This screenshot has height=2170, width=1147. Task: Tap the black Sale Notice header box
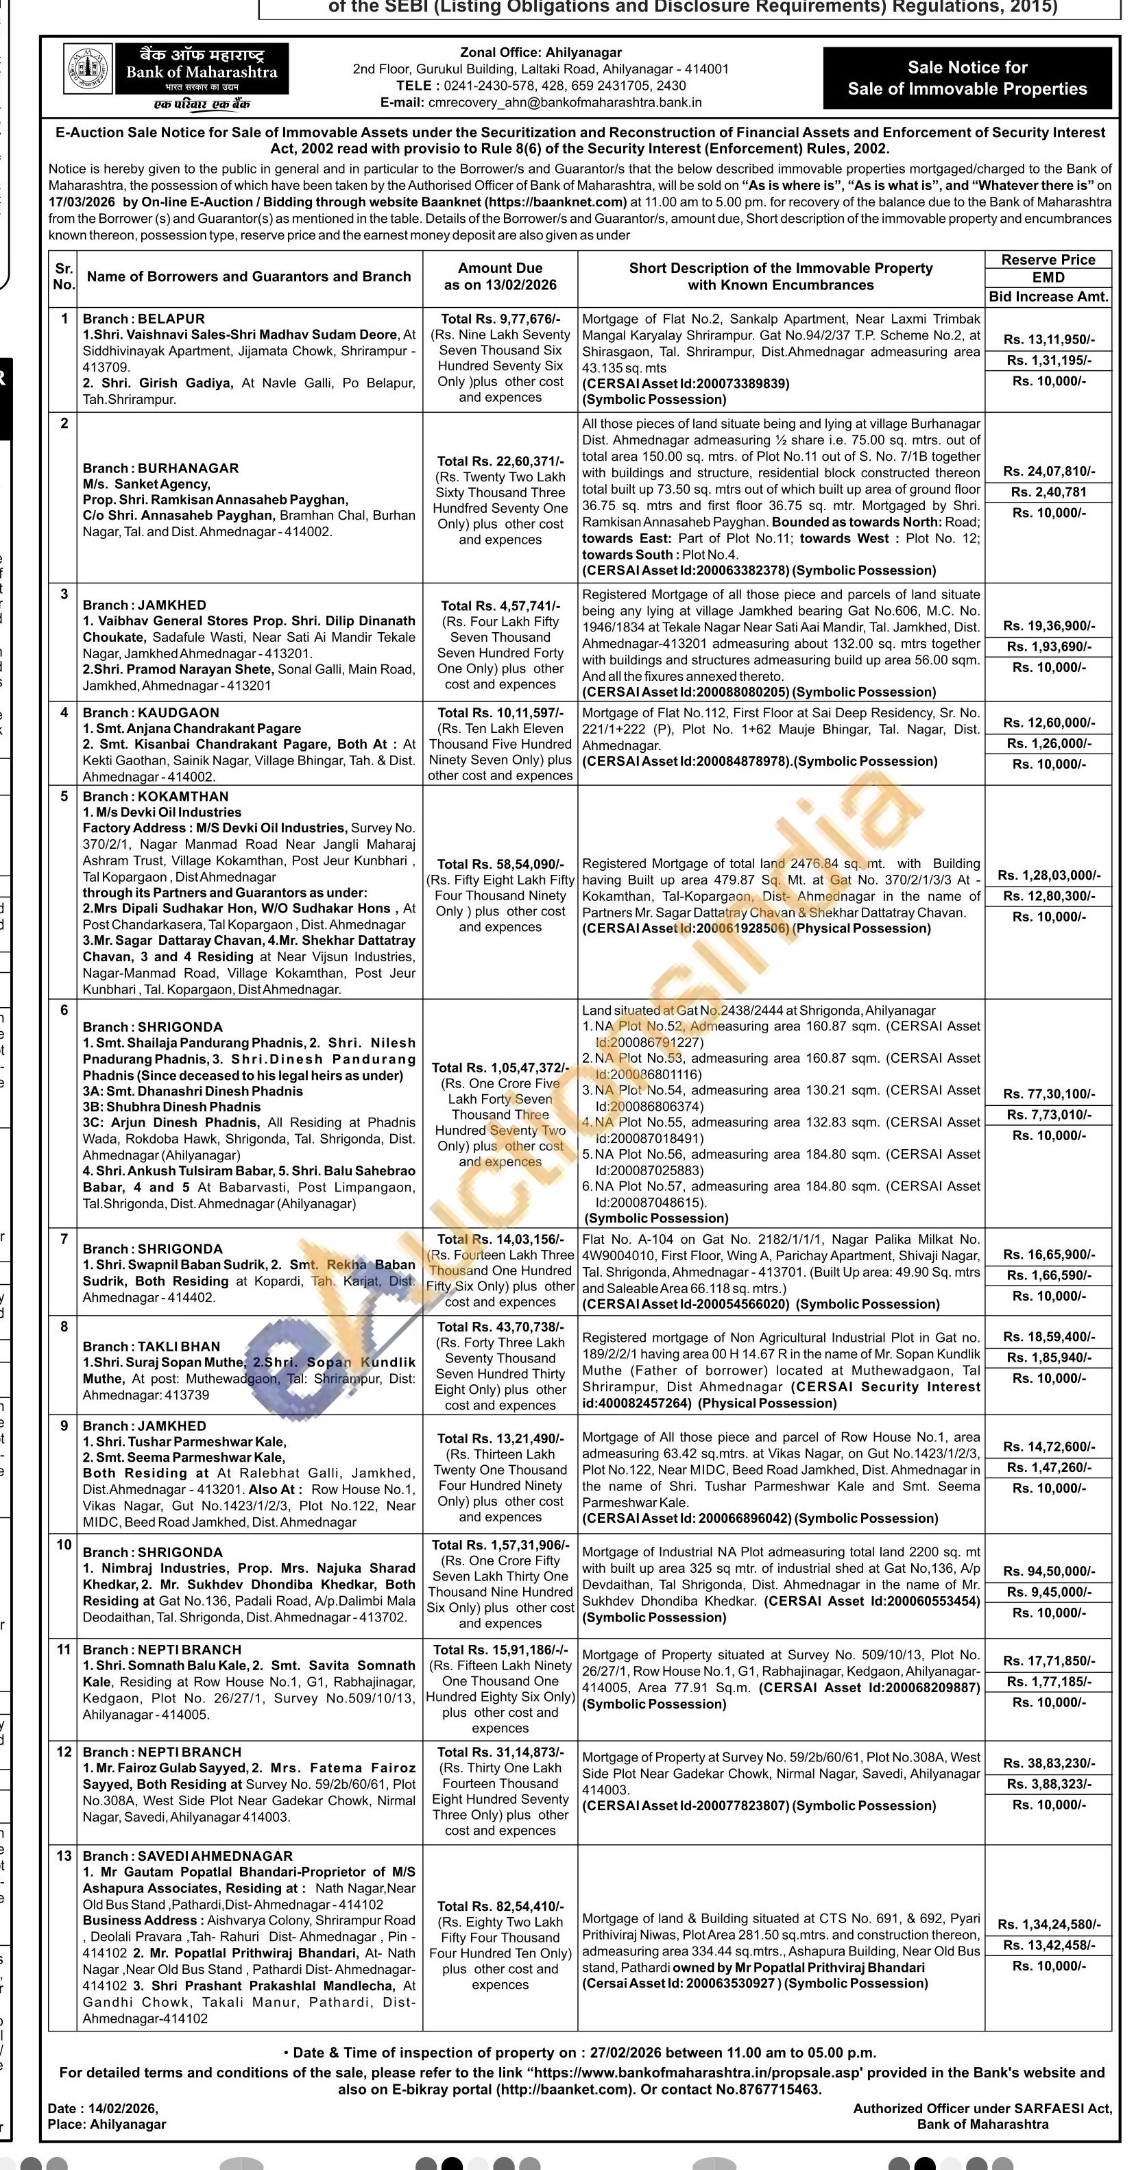(967, 77)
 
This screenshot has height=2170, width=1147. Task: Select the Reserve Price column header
(1048, 259)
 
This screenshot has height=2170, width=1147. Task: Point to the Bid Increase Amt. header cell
(1048, 296)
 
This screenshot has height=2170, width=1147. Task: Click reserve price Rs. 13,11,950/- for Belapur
(1048, 339)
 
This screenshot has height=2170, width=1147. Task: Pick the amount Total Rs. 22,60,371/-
(500, 461)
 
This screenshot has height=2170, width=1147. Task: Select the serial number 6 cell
(64, 1010)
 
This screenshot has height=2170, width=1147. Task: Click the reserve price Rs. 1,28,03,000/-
(1048, 876)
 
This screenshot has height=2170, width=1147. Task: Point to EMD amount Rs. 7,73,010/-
(1048, 1115)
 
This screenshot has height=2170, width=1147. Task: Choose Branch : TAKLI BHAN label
(151, 1346)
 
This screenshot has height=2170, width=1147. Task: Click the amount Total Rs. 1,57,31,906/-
(500, 1545)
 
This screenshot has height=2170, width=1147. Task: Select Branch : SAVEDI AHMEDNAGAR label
(187, 1856)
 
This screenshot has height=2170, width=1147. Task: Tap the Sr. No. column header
(64, 276)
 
